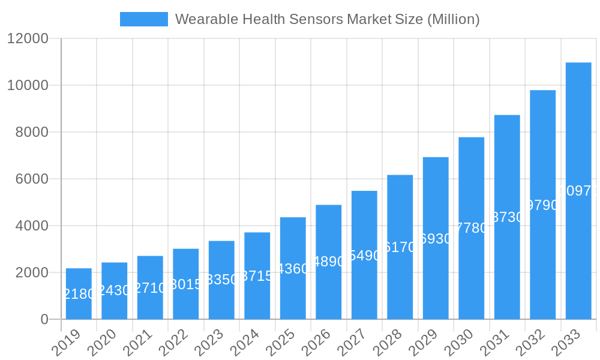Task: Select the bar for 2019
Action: pos(79,293)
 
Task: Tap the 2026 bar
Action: pos(328,262)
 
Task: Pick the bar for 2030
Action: pos(471,228)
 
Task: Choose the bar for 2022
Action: pos(185,284)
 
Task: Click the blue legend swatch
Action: pos(144,19)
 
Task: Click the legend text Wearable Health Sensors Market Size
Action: pos(327,19)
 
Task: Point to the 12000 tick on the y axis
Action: pos(28,38)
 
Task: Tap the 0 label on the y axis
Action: pos(44,319)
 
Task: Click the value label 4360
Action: pos(293,269)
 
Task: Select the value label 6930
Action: pos(436,239)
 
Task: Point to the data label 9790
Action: pos(542,205)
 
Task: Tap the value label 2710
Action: pos(150,288)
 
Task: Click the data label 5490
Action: pos(364,256)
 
